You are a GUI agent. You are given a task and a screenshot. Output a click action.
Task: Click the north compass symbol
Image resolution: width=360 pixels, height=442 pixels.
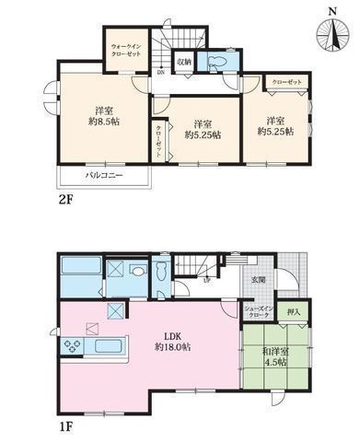click(x=331, y=31)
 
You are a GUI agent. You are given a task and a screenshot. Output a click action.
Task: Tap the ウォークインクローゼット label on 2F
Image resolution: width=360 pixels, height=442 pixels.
click(x=125, y=49)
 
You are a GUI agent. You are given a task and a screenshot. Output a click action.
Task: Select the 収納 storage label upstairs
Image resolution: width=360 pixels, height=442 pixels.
click(x=183, y=63)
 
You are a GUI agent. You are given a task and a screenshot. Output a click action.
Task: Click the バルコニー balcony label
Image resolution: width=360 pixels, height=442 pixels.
click(x=104, y=173)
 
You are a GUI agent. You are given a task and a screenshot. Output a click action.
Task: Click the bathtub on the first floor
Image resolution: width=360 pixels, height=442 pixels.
click(x=80, y=275)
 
